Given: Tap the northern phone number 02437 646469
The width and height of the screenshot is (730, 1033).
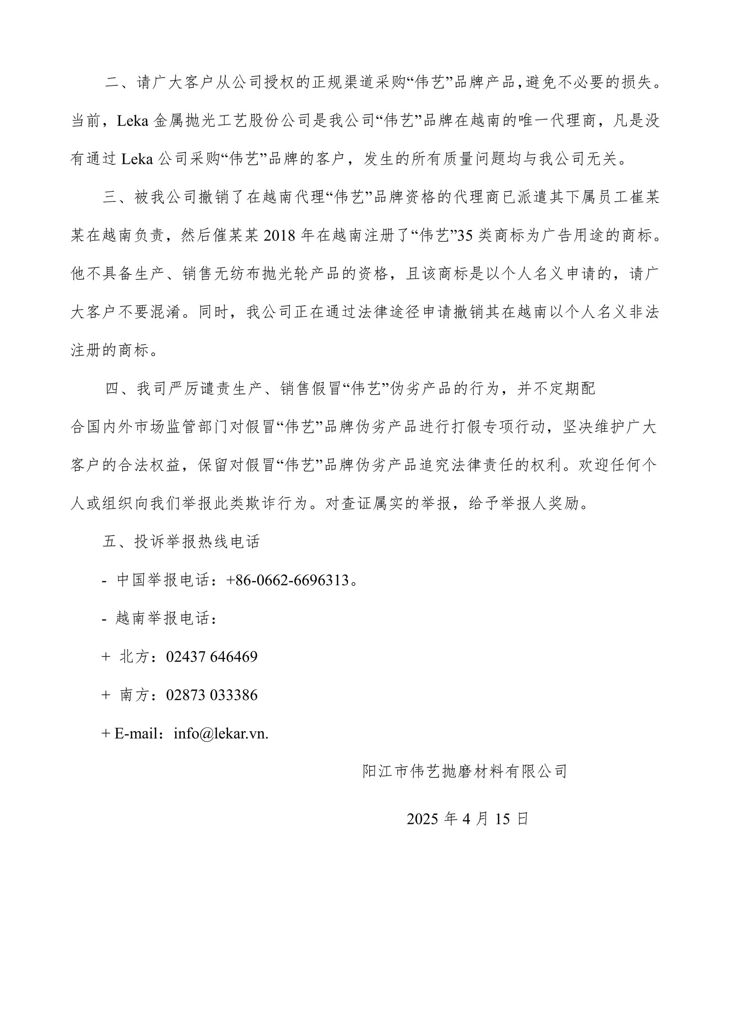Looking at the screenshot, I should pyautogui.click(x=212, y=656).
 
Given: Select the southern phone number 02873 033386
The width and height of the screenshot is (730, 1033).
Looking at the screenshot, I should pyautogui.click(x=212, y=695).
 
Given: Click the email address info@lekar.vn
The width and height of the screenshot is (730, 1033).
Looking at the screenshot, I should pyautogui.click(x=221, y=733).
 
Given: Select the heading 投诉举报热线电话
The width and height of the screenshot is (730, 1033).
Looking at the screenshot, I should pyautogui.click(x=197, y=541).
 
